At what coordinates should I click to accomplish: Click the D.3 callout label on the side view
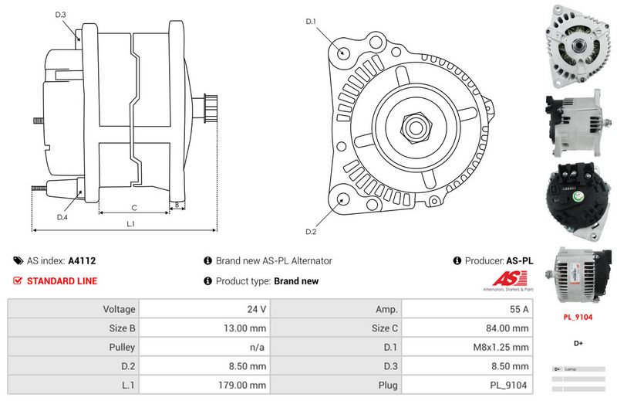[x=61, y=15]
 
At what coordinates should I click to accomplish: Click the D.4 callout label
[x=62, y=217]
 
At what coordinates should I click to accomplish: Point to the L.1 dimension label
[x=131, y=224]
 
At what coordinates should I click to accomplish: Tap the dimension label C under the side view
[x=134, y=207]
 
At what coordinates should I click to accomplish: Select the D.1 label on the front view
[x=311, y=22]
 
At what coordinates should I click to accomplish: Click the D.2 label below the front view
[x=311, y=232]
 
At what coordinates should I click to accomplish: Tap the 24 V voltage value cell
[x=256, y=309]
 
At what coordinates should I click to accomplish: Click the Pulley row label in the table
[x=123, y=348]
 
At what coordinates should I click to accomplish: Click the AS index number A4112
[x=82, y=261]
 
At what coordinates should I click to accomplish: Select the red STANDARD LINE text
[x=62, y=281]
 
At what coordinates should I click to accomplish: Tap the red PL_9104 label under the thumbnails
[x=578, y=316]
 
